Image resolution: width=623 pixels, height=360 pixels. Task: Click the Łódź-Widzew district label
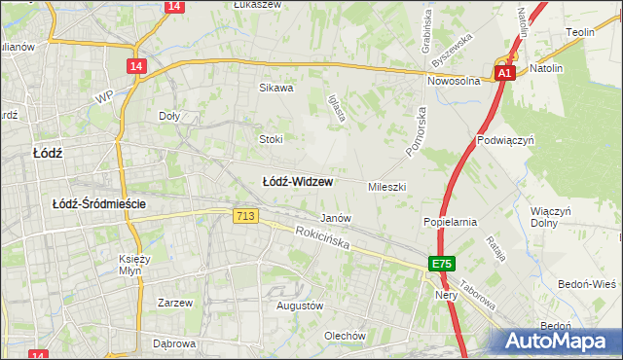tap(299, 182)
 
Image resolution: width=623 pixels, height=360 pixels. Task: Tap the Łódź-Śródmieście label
tap(99, 203)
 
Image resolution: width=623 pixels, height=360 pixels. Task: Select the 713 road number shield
tap(245, 216)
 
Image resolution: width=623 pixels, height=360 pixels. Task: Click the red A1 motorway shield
tap(503, 73)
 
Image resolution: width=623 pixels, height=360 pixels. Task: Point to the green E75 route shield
tap(442, 264)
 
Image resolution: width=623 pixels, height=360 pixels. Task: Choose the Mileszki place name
tap(386, 186)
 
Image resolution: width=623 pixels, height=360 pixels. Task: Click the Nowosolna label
tap(454, 82)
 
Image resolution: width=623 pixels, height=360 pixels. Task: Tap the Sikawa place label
tap(275, 88)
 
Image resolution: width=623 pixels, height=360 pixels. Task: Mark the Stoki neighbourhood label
tap(270, 139)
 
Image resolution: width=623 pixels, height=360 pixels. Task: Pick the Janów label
tap(336, 218)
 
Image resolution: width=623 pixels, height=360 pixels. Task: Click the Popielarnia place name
tap(449, 222)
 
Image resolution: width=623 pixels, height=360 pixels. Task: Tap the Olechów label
tap(345, 337)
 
